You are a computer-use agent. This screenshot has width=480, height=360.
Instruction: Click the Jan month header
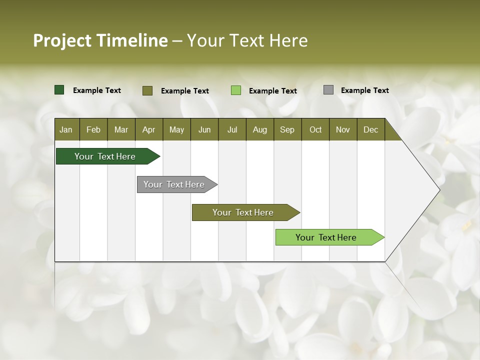point(66,129)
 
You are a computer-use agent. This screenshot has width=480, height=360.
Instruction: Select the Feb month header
point(93,129)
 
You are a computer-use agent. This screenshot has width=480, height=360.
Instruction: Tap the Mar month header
point(121,129)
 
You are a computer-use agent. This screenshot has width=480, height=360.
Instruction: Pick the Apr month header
point(148,129)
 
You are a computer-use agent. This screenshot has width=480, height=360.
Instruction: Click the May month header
point(176,129)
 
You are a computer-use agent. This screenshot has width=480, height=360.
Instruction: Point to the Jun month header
point(204,129)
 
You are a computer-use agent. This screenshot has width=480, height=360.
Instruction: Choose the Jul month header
point(232,129)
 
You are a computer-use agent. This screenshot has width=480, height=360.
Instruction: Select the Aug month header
point(259,129)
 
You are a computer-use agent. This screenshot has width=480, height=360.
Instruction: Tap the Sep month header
point(287,129)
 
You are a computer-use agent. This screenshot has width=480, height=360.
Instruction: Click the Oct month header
point(315,129)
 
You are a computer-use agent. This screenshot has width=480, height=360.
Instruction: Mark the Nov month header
point(343,129)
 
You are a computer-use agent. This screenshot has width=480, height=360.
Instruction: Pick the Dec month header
point(370,129)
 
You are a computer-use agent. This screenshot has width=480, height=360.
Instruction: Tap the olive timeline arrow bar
point(243,212)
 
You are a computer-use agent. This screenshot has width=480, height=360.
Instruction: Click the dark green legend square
point(59,90)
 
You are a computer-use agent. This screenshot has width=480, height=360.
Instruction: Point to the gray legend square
point(328,90)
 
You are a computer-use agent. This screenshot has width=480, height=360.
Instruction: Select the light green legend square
point(236,90)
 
